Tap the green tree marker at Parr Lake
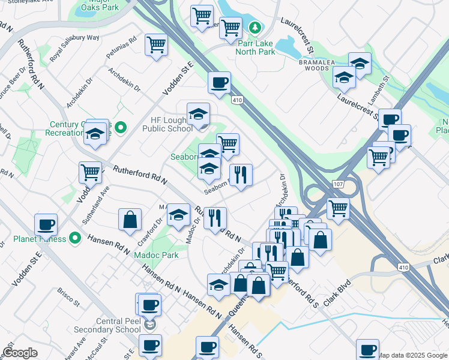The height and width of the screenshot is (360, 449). [x=256, y=28]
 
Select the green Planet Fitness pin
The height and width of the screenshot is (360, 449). [x=75, y=238]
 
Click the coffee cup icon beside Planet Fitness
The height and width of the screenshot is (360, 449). [x=46, y=225]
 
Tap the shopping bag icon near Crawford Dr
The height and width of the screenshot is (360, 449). [x=130, y=220]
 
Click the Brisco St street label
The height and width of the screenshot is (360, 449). [x=69, y=296]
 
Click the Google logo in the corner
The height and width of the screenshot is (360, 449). [x=20, y=353]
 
